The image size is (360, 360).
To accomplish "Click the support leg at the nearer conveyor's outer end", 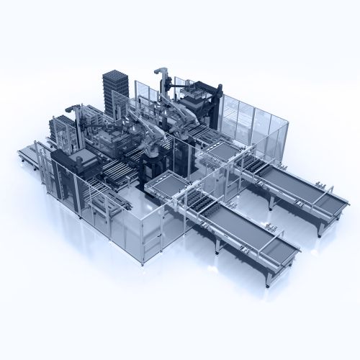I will [268, 277].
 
